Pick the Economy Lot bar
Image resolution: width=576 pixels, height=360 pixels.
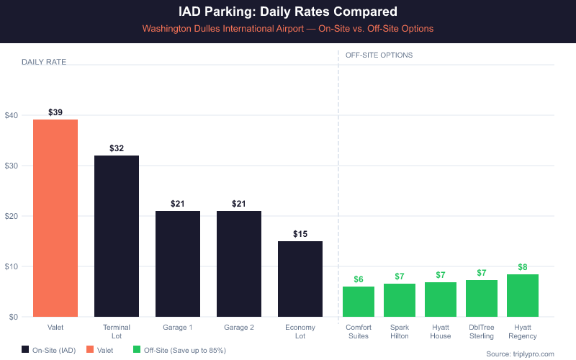pyautogui.click(x=300, y=279)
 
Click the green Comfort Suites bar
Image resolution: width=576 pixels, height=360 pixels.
pyautogui.click(x=359, y=302)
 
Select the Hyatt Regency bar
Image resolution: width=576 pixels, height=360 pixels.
pyautogui.click(x=523, y=296)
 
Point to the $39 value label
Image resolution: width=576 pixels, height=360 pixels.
pyautogui.click(x=55, y=112)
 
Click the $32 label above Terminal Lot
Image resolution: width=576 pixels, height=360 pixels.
pyautogui.click(x=117, y=148)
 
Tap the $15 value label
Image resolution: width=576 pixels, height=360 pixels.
pyautogui.click(x=300, y=234)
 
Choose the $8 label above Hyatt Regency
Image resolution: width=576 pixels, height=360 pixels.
pyautogui.click(x=523, y=267)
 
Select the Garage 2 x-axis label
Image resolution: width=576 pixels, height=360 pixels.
pyautogui.click(x=239, y=328)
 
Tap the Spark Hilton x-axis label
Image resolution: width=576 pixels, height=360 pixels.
pyautogui.click(x=400, y=332)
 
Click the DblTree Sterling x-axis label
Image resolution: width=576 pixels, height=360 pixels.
pyautogui.click(x=482, y=332)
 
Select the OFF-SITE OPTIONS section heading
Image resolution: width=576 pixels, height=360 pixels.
pyautogui.click(x=379, y=55)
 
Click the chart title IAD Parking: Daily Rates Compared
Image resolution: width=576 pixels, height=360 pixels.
pyautogui.click(x=288, y=12)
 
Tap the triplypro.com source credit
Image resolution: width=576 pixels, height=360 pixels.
pyautogui.click(x=520, y=354)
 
